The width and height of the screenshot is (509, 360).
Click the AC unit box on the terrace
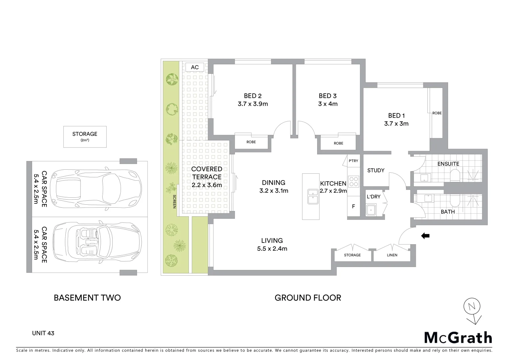195,67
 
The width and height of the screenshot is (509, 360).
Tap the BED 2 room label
253,96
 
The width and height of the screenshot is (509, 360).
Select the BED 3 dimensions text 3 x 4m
328,104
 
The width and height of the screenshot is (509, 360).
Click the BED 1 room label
396,116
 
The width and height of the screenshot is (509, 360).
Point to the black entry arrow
425,236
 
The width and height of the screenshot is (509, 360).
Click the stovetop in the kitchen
353,181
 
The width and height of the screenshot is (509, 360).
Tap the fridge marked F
353,207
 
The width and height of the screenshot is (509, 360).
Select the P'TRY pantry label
353,161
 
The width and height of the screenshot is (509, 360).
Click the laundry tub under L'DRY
370,210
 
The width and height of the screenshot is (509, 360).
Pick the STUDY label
376,170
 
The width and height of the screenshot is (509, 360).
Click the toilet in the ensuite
455,175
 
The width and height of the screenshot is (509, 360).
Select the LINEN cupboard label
392,255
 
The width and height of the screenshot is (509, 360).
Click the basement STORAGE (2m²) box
85,137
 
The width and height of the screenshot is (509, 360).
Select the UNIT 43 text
43,333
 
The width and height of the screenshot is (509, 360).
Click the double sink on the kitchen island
313,196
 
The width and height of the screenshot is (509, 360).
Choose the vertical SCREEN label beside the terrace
174,202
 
